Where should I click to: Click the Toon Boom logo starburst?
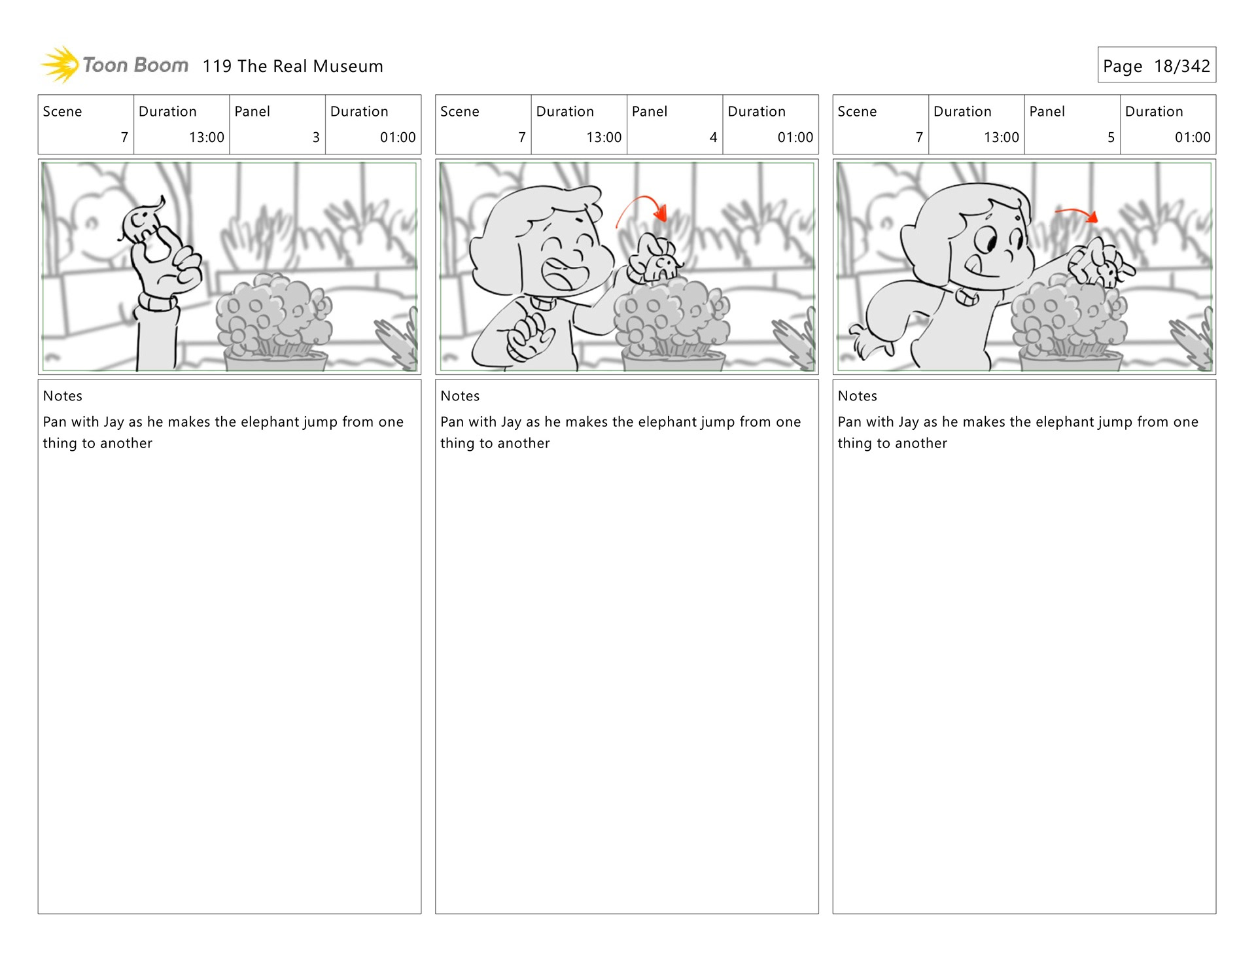[61, 64]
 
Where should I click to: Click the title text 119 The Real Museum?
[292, 66]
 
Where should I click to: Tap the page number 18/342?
[1181, 66]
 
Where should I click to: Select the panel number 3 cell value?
[316, 137]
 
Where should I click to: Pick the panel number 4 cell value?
[713, 137]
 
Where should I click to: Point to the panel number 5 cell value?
[1111, 137]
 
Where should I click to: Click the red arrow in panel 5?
[1077, 214]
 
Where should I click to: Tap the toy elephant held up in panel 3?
[141, 221]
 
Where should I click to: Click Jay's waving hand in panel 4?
[529, 336]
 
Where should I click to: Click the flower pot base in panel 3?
[275, 361]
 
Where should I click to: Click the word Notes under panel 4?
[460, 396]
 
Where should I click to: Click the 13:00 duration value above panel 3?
[207, 137]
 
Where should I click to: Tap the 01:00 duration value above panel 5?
[1193, 137]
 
